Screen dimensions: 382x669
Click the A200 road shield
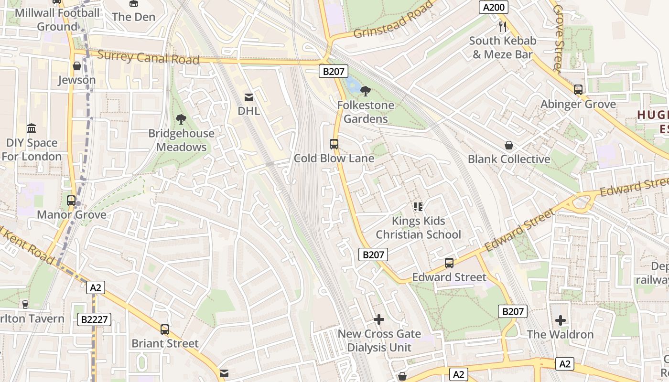494,7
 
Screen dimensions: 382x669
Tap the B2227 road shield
94,319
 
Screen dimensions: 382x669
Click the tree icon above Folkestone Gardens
366,91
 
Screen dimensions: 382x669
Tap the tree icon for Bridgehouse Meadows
181,119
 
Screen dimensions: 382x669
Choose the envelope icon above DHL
249,97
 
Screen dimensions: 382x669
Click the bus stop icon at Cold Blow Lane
334,144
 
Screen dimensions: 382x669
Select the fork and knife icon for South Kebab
502,27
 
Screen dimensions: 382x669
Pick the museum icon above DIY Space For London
32,128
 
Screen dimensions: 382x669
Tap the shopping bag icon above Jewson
76,66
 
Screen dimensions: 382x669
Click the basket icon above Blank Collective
509,145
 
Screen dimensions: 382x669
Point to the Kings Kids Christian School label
418,228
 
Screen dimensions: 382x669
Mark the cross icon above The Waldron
561,320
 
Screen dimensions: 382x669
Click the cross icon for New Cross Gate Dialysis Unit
379,319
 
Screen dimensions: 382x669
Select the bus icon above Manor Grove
71,201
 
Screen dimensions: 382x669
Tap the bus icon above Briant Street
165,329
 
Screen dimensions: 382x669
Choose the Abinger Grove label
578,104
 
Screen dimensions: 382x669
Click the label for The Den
133,17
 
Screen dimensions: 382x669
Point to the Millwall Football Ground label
57,20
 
